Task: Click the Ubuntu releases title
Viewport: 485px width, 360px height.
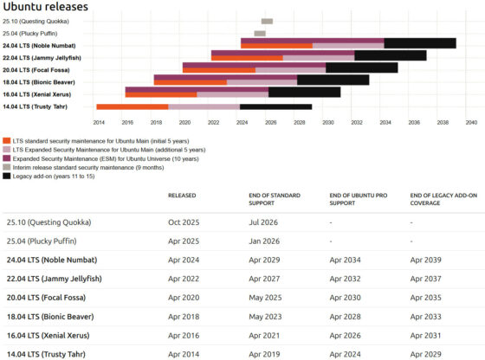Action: (45, 7)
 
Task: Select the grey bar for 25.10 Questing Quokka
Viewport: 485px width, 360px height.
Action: (267, 21)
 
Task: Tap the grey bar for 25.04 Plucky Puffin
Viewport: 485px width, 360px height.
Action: (260, 33)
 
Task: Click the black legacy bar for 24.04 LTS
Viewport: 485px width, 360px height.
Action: (420, 43)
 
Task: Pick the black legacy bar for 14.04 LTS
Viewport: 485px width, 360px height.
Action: (275, 106)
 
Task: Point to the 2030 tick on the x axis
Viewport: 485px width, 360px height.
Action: (327, 123)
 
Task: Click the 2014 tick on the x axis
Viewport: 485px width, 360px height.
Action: (99, 123)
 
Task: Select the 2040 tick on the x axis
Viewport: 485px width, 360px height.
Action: (470, 123)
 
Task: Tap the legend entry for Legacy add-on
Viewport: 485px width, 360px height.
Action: (52, 176)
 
